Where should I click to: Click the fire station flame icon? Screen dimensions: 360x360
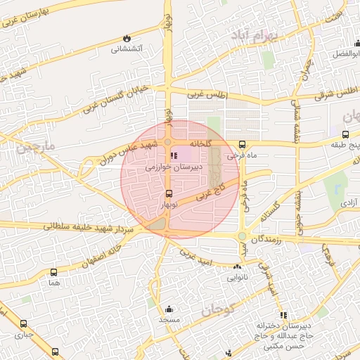tap(127, 37)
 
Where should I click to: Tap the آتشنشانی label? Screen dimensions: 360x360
tap(127, 49)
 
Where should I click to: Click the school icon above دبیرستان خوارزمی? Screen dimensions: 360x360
tap(174, 156)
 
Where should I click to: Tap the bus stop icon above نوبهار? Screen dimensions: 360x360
tap(168, 194)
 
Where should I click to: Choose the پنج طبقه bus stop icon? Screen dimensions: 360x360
tap(345, 134)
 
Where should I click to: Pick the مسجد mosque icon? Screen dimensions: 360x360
tap(169, 309)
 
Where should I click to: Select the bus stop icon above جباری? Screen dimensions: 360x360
tap(23, 324)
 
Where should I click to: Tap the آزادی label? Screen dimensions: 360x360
tap(349, 202)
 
